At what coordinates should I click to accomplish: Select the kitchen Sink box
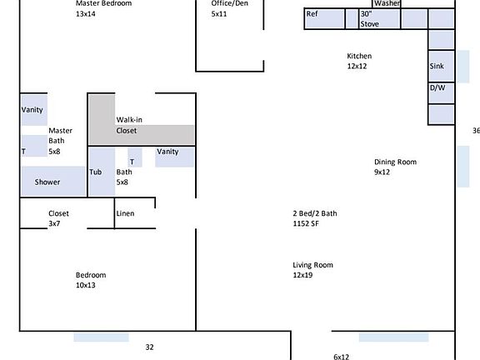tap(441, 66)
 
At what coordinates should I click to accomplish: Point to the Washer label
tap(387, 3)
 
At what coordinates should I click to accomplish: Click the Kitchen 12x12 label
tap(359, 61)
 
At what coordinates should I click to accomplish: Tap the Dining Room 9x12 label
tap(395, 167)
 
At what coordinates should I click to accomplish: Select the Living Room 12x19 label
tap(312, 270)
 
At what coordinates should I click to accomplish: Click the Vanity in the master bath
tap(33, 110)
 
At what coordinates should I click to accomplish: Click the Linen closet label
tap(125, 213)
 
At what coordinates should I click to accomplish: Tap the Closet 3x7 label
tap(58, 218)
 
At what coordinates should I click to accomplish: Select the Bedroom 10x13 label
tap(91, 280)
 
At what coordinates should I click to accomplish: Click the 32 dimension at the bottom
tap(149, 347)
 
